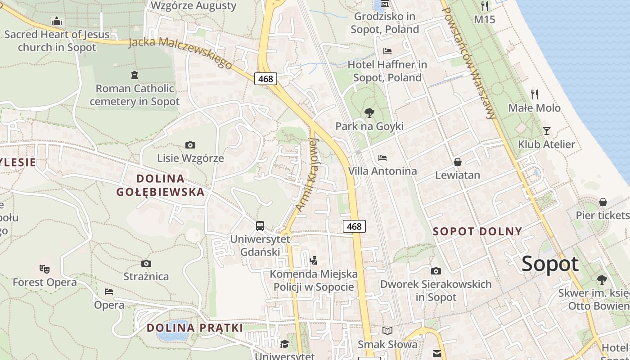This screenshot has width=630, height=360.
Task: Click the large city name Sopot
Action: pyautogui.click(x=550, y=264)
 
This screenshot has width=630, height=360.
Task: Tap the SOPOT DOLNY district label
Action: pyautogui.click(x=477, y=232)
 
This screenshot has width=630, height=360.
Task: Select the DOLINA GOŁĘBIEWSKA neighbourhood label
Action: pyautogui.click(x=160, y=185)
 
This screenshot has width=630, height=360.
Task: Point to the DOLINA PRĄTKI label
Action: pyautogui.click(x=195, y=328)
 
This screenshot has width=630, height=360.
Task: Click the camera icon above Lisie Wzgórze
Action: pyautogui.click(x=190, y=145)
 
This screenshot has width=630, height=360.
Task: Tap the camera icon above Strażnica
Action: pyautogui.click(x=146, y=263)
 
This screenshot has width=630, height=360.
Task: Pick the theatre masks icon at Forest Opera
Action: pyautogui.click(x=44, y=269)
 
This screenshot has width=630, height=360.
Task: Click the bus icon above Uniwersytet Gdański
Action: pyautogui.click(x=260, y=225)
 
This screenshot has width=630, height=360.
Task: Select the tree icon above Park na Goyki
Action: pyautogui.click(x=369, y=112)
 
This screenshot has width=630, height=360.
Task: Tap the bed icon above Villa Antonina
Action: pyautogui.click(x=382, y=158)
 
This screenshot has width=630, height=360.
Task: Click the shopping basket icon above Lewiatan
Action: pyautogui.click(x=458, y=162)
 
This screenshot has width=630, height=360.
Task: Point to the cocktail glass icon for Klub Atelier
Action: pyautogui.click(x=547, y=131)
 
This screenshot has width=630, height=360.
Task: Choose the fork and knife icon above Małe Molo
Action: pyautogui.click(x=535, y=94)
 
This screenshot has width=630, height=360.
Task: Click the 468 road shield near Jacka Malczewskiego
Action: pyautogui.click(x=265, y=79)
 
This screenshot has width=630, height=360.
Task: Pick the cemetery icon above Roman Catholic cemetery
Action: pyautogui.click(x=134, y=75)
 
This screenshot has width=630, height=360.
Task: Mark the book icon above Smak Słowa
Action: pyautogui.click(x=387, y=331)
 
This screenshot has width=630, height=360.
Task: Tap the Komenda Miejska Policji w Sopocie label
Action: pyautogui.click(x=314, y=280)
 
